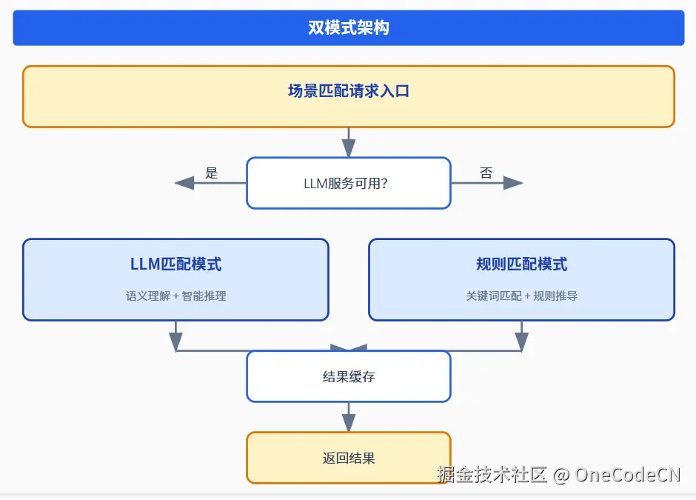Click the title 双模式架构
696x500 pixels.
(x=348, y=28)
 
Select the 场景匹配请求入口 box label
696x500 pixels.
(x=348, y=91)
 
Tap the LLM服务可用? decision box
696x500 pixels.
(x=348, y=183)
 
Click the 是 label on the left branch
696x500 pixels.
(x=212, y=173)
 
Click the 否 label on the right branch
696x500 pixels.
(x=486, y=173)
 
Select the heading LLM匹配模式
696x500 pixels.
(x=175, y=264)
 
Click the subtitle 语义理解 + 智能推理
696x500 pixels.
(x=175, y=296)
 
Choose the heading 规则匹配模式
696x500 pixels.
(x=521, y=264)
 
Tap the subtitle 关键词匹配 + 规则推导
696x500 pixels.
(x=521, y=296)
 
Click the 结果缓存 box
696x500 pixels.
(x=348, y=376)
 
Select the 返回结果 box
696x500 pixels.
(x=348, y=458)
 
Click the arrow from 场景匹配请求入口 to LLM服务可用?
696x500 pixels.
(x=348, y=143)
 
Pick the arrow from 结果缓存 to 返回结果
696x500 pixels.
(x=348, y=417)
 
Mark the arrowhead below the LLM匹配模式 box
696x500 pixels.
(x=175, y=341)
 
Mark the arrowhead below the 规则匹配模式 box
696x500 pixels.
(x=521, y=341)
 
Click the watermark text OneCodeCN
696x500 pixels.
(x=627, y=475)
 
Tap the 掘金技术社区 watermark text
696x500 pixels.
(x=492, y=475)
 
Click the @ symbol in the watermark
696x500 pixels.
(x=561, y=475)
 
